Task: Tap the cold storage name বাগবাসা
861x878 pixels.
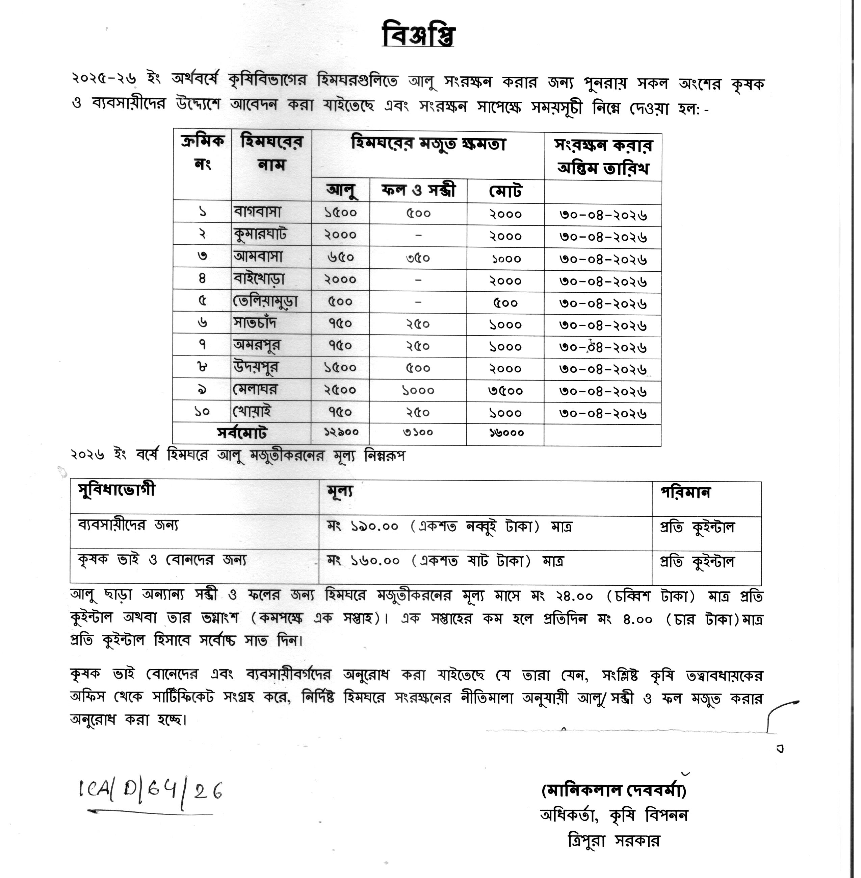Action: (x=257, y=212)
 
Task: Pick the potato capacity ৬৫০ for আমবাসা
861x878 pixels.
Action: (x=340, y=257)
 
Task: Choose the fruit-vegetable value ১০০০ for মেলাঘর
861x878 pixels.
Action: (x=418, y=390)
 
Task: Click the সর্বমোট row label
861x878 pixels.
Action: (x=242, y=433)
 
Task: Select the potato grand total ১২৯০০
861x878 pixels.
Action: (x=340, y=432)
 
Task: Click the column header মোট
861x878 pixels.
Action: (x=505, y=191)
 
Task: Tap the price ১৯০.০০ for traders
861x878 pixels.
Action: (x=374, y=526)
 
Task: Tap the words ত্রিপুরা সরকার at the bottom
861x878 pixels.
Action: (x=613, y=841)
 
